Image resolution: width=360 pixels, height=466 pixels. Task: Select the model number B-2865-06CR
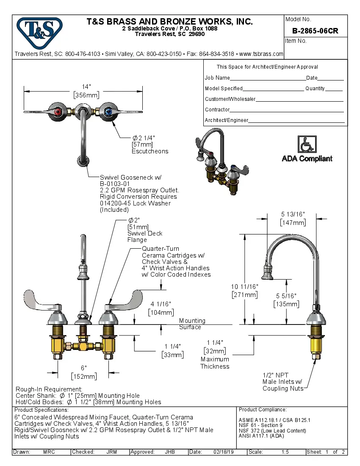pos(315,31)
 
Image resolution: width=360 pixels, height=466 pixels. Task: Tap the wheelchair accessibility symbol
pos(307,144)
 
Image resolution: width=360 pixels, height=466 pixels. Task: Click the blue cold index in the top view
pos(108,112)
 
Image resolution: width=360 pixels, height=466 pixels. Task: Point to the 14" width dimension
pos(83,87)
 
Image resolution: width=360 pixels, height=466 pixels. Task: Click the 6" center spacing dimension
pos(84,368)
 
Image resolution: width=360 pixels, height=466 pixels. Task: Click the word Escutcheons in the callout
pos(150,151)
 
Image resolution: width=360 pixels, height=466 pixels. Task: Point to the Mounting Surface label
pos(192,324)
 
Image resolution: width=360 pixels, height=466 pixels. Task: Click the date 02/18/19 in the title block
pos(225,452)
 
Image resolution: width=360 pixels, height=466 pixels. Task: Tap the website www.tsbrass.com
pos(261,54)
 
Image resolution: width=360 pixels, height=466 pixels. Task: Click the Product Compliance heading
pos(263,410)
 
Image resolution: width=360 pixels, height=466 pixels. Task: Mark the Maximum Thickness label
pos(215,363)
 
